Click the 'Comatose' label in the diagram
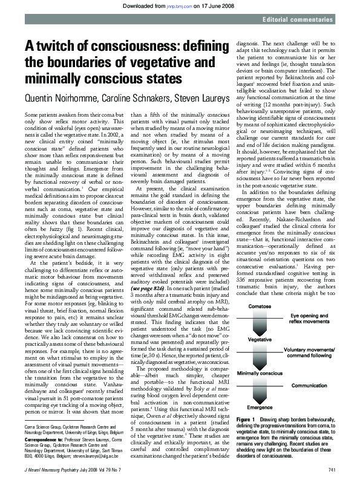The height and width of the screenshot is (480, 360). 260,306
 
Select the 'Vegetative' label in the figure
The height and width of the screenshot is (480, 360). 260,340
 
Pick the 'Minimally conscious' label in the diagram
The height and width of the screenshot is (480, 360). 260,374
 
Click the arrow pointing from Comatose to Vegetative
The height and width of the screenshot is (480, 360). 260,323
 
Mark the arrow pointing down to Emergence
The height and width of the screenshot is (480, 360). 260,392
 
